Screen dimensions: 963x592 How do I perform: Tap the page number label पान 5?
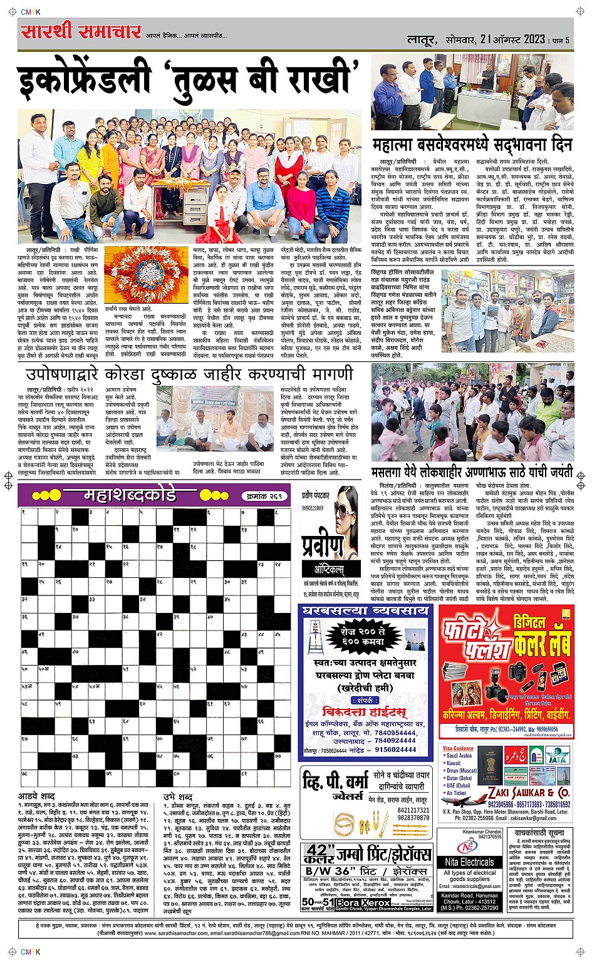pyautogui.click(x=559, y=40)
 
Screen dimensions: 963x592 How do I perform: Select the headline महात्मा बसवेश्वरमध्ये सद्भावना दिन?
pyautogui.click(x=472, y=146)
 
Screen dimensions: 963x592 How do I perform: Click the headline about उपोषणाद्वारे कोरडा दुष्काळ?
pyautogui.click(x=189, y=374)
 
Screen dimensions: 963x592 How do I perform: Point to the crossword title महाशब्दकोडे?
pyautogui.click(x=130, y=495)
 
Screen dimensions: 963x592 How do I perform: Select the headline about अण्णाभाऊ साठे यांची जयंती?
pyautogui.click(x=472, y=471)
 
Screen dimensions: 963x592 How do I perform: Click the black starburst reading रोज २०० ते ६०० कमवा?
pyautogui.click(x=358, y=637)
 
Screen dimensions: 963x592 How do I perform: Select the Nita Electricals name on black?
pyautogui.click(x=469, y=862)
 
